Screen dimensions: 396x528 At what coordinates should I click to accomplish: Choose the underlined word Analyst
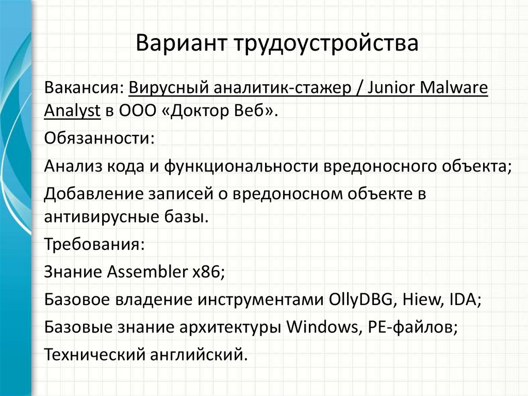(x=72, y=110)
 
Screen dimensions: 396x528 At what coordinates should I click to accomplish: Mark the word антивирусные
(x=98, y=216)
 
